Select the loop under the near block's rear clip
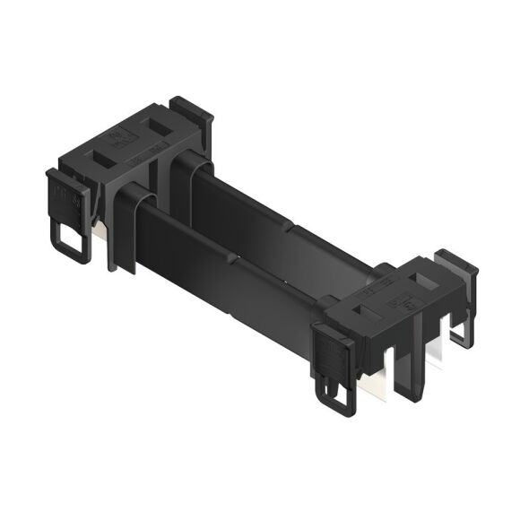tap(459, 334)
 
